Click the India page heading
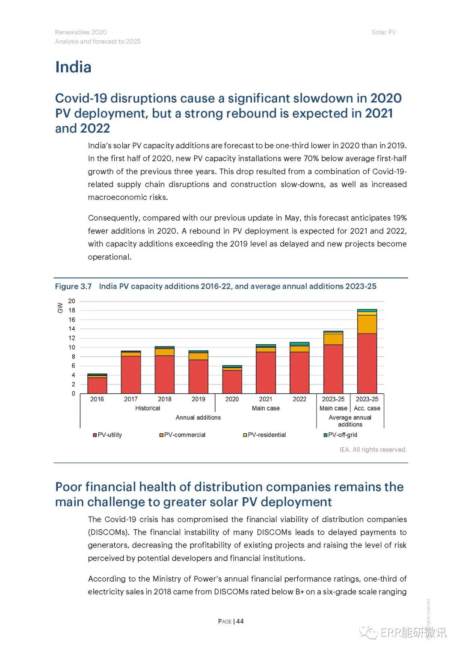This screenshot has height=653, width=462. pos(73,67)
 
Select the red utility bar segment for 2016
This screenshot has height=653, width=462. pos(97,385)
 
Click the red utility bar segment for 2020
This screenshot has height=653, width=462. pos(232,382)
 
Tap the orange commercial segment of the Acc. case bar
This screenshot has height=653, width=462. pos(367,324)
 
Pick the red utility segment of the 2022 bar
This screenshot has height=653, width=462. pos(299,372)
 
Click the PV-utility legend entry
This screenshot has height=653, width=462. pos(107,434)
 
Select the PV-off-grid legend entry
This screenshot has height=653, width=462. pos(341,434)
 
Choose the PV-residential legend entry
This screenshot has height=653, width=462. pos(264,434)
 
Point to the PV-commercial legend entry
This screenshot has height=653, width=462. pos(182,434)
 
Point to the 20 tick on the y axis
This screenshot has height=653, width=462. pos(72,301)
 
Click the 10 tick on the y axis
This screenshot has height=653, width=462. pos(72,347)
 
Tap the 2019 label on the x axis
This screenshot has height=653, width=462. pos(198,399)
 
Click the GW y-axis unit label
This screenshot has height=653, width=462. pos(60,308)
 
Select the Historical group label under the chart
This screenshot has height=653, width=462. pos(148,408)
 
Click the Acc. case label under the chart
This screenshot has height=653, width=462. pos(367,408)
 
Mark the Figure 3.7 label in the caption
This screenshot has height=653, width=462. pos(73,286)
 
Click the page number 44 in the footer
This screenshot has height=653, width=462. pos(240,621)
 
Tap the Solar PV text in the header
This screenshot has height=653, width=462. pos(384,32)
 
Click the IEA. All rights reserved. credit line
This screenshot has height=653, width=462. pos(373,449)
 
